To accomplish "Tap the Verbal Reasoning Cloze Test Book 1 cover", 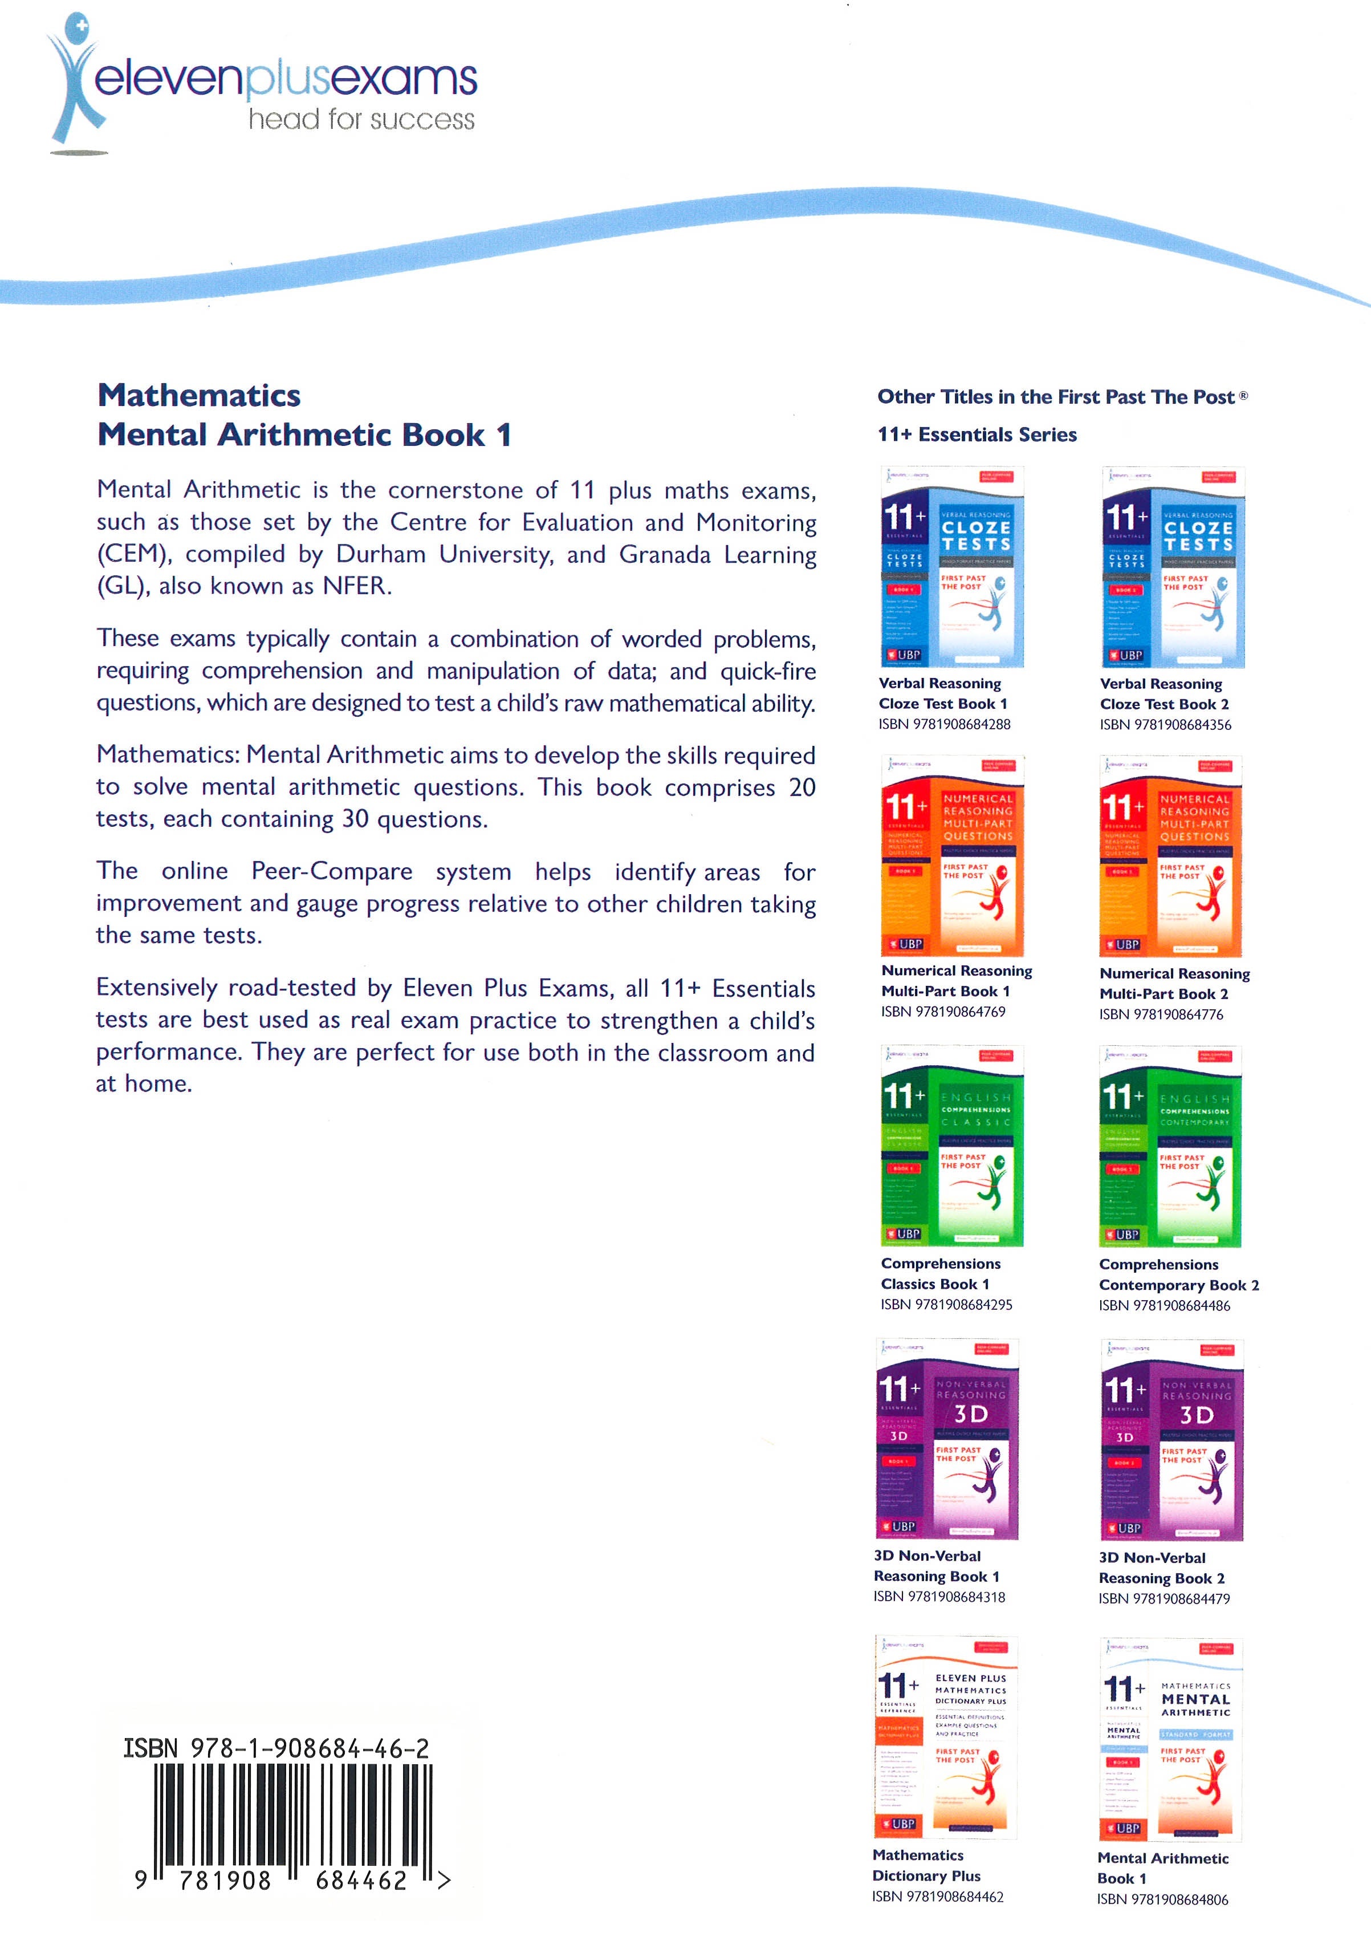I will pos(952,567).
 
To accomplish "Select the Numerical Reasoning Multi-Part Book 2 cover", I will pos(1170,856).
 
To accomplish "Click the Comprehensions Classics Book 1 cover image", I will pos(952,1146).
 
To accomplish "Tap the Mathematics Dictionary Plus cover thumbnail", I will pos(946,1736).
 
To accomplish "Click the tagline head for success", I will pos(361,119).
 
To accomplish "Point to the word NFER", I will pos(355,586).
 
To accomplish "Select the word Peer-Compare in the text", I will pos(331,871).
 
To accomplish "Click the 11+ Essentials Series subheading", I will pos(977,435).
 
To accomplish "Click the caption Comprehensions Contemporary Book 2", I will pos(1178,1275).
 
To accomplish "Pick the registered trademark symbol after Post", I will pos(1243,396).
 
